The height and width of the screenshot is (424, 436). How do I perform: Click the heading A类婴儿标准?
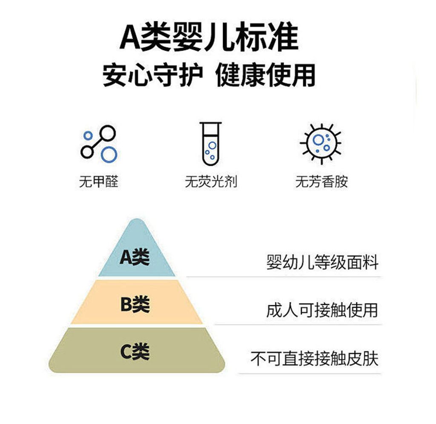(209, 37)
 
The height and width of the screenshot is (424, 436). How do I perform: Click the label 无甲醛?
(99, 182)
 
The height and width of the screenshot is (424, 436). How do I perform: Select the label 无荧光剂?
(211, 182)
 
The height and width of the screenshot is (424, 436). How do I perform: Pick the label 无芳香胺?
(321, 182)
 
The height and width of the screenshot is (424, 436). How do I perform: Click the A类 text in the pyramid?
(135, 257)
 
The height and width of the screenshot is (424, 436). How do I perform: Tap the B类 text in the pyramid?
(135, 304)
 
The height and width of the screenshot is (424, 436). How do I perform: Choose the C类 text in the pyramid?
(135, 352)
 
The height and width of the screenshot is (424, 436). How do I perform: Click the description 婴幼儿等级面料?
(322, 262)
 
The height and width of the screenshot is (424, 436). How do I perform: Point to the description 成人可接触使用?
(322, 310)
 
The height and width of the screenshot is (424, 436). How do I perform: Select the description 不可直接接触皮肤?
(315, 358)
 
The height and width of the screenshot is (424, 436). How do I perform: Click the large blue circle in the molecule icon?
(109, 155)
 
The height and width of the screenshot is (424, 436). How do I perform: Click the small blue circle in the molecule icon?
(88, 136)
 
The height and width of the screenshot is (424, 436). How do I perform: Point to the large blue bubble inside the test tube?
(212, 145)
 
